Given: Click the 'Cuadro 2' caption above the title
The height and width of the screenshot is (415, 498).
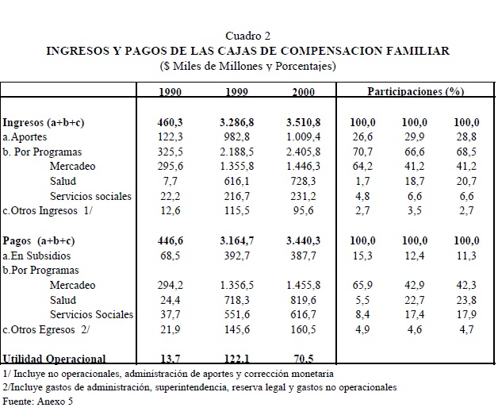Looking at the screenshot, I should click(x=248, y=36).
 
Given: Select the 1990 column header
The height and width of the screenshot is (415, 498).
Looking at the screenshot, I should click(x=170, y=92).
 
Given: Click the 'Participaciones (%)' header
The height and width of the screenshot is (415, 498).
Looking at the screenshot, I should click(x=415, y=92).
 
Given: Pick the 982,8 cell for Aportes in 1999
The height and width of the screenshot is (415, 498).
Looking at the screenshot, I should click(x=238, y=137).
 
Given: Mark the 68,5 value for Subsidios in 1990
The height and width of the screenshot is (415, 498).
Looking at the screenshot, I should click(x=170, y=256).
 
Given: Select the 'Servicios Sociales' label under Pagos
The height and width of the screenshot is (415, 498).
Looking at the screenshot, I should click(x=91, y=314).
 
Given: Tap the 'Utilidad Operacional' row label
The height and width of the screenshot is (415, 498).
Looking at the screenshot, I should click(x=54, y=359).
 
